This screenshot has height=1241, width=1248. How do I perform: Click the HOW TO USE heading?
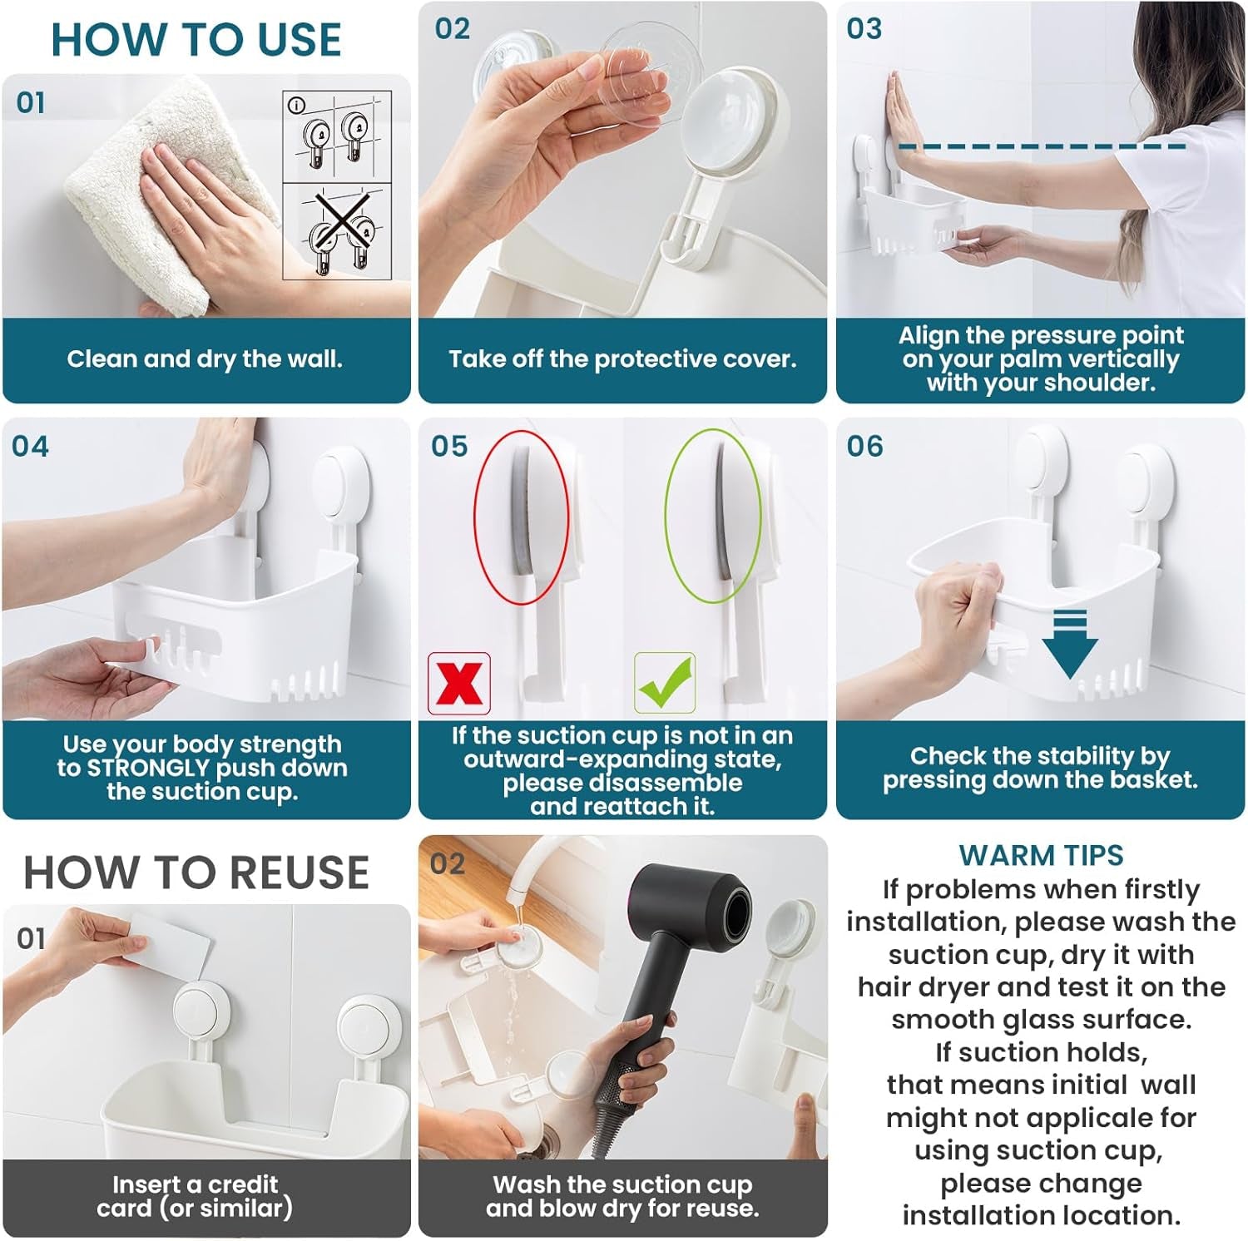pos(196,40)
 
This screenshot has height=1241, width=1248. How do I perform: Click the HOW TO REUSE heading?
pos(196,873)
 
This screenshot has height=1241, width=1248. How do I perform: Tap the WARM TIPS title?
pos(1041,855)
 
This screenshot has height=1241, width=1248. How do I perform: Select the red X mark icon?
pos(458,684)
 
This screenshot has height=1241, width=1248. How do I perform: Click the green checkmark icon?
pos(664,683)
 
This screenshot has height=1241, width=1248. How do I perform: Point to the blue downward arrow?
pos(1070,645)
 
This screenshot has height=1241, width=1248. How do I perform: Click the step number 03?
pos(864,29)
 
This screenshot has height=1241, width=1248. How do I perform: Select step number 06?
pos(864,447)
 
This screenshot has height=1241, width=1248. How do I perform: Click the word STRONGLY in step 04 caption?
pos(148,768)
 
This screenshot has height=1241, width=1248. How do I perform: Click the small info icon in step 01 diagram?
pos(295,105)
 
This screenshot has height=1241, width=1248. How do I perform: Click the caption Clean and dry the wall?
pos(205,359)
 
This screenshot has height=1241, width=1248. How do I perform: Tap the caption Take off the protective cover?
pos(622,359)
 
